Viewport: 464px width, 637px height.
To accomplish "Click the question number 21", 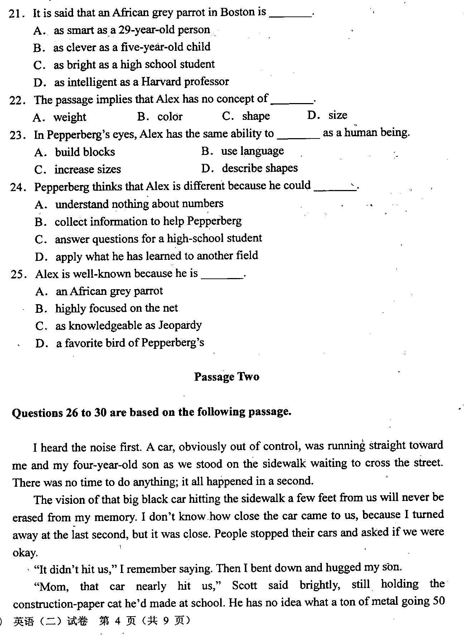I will pyautogui.click(x=16, y=14).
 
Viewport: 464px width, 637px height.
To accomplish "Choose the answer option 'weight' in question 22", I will pyautogui.click(x=70, y=117).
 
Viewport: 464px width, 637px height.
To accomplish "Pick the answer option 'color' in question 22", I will pyautogui.click(x=170, y=116).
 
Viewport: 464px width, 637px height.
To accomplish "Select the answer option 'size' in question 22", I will pyautogui.click(x=338, y=115).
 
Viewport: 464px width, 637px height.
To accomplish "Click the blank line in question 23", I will pyautogui.click(x=298, y=137).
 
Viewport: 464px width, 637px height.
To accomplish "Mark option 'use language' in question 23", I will pyautogui.click(x=252, y=151).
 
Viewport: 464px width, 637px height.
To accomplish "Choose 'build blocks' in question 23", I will pyautogui.click(x=85, y=152).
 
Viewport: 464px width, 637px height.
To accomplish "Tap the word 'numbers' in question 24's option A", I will pyautogui.click(x=205, y=204).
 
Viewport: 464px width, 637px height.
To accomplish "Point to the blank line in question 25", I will pyautogui.click(x=222, y=277).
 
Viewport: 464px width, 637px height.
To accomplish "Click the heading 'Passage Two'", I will pyautogui.click(x=227, y=377).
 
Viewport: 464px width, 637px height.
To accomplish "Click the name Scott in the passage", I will pyautogui.click(x=245, y=585).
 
